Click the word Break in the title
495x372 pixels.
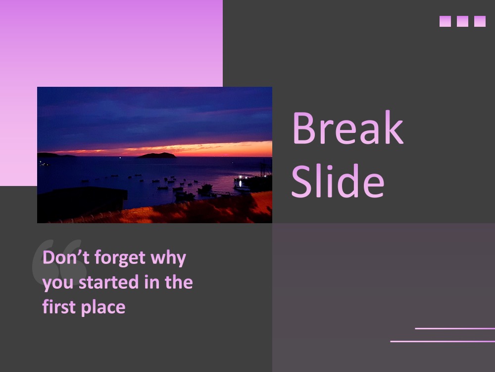click(x=348, y=127)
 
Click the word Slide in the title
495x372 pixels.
click(x=338, y=181)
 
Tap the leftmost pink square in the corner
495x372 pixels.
click(x=445, y=21)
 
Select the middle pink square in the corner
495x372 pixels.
click(x=462, y=21)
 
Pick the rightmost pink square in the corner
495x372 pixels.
click(x=480, y=21)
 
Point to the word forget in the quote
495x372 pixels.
click(x=120, y=258)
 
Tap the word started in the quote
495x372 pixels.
click(x=108, y=282)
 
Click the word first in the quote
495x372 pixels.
click(x=59, y=307)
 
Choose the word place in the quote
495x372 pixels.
click(x=103, y=308)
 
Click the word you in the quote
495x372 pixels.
click(x=58, y=284)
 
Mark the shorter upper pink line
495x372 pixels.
click(x=455, y=329)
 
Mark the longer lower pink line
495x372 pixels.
click(x=443, y=341)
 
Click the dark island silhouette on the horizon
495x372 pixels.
click(x=157, y=155)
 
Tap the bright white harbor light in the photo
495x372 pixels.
click(x=240, y=177)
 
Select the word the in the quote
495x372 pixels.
click(x=179, y=282)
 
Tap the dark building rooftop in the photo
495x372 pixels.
click(x=83, y=202)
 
